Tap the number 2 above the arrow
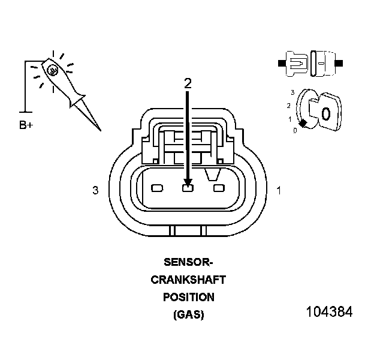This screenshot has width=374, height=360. pos(188,83)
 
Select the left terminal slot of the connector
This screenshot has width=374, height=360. pos(157,188)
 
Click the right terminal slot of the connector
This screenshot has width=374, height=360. pos(218,188)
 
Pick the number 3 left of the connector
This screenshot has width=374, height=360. pos(95,191)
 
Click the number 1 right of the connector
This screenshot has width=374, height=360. pos(279,191)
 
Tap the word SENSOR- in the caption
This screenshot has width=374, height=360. pos(188,262)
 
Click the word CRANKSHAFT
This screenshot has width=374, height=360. pos(188,280)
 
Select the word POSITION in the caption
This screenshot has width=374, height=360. pos(188,297)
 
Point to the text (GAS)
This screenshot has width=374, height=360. pos(188,314)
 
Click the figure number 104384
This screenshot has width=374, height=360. pos(329,312)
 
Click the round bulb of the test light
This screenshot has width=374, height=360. pos(53,70)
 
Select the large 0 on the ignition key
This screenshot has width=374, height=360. pos(325,113)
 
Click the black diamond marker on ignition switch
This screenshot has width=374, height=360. pos(303,122)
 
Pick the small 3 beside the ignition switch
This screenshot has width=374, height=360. pos(292,92)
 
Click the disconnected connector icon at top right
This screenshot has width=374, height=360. pos(311,62)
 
